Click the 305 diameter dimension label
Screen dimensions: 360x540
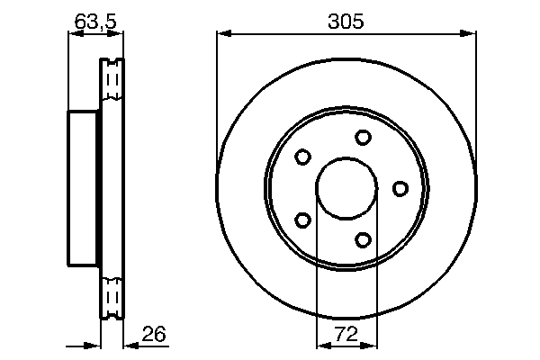(x=346, y=22)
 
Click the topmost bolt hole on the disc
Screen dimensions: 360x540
(x=363, y=137)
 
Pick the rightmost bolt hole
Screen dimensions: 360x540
(x=400, y=188)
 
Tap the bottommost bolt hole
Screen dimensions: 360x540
(x=363, y=239)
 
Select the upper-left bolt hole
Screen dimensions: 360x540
(x=303, y=157)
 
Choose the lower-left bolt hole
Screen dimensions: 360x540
(x=303, y=220)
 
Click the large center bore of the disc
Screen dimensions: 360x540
(x=346, y=188)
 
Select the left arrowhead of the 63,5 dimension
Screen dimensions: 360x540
(x=75, y=34)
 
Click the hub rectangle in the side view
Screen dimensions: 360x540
(x=84, y=188)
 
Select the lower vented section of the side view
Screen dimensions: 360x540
(x=112, y=293)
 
